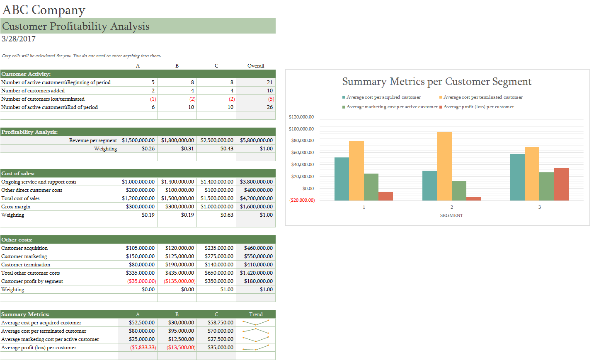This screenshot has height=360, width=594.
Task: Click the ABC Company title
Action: (44, 10)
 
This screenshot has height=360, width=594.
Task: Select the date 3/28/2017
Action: (19, 39)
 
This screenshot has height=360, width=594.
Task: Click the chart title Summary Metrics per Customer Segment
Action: (436, 82)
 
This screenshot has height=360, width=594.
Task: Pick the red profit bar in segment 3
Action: (561, 184)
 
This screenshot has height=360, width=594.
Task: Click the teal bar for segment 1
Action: (342, 179)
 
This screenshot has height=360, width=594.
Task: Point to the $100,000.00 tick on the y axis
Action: (301, 129)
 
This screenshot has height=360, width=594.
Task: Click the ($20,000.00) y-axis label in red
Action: (302, 201)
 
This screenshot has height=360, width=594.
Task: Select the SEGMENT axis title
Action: (451, 215)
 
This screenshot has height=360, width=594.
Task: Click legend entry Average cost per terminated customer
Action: (482, 97)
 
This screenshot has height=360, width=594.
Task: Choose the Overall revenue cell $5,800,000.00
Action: (256, 140)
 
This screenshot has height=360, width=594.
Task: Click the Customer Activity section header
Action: (26, 74)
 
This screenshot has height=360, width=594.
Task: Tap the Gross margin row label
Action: (16, 207)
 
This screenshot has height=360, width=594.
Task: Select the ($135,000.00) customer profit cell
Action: (179, 281)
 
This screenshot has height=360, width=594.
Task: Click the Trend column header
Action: (256, 314)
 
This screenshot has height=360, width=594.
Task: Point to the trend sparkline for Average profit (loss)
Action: (255, 348)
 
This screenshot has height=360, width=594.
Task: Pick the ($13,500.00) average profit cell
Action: (181, 348)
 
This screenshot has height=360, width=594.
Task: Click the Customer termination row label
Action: (26, 265)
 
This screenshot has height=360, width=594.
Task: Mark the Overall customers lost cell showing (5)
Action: (271, 99)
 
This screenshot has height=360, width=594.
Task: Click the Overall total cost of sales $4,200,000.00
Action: (256, 198)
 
